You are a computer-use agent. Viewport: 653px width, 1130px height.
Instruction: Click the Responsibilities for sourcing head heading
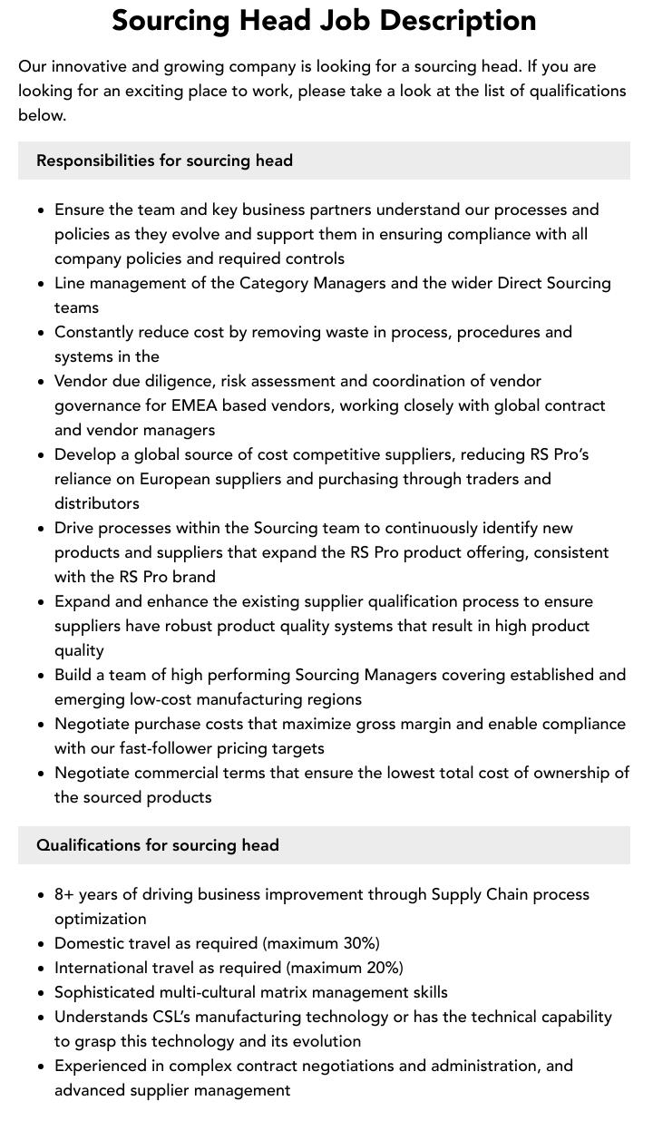point(164,161)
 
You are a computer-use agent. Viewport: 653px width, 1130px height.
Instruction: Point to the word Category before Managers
point(274,283)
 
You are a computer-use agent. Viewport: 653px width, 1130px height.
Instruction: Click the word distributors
point(97,503)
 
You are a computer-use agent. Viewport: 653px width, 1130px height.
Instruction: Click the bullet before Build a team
point(42,676)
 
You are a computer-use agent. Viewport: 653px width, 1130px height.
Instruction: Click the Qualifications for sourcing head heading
point(157,845)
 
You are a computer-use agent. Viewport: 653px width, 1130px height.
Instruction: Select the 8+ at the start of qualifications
point(64,894)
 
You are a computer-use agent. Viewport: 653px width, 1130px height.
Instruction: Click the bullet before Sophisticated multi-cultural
point(42,993)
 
